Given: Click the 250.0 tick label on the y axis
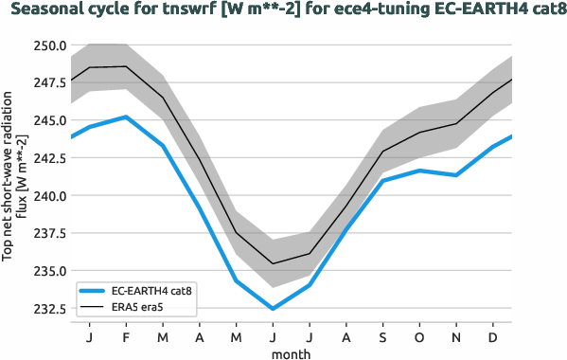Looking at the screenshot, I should (47, 45).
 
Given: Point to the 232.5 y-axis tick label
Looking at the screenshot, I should (47, 309).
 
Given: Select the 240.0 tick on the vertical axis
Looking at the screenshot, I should (47, 196).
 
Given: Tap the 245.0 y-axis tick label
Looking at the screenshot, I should (47, 120).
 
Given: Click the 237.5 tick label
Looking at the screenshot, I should (47, 234).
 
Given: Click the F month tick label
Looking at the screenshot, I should (126, 336).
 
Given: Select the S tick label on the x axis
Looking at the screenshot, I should (383, 336).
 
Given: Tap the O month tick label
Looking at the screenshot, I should (420, 336).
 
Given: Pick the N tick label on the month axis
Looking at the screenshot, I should (456, 336).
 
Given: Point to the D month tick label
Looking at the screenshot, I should (493, 336).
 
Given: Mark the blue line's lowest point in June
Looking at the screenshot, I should (273, 309).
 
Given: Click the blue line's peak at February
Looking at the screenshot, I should (126, 117).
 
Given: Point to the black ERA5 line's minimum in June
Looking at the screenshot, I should (273, 263).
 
